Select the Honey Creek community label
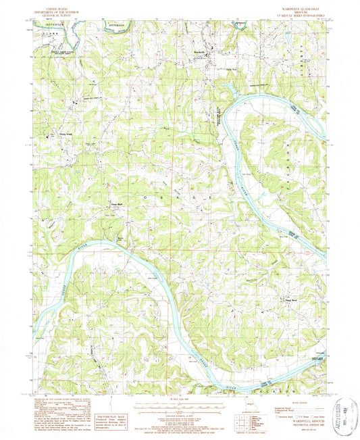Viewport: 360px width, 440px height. click(x=56, y=134)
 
